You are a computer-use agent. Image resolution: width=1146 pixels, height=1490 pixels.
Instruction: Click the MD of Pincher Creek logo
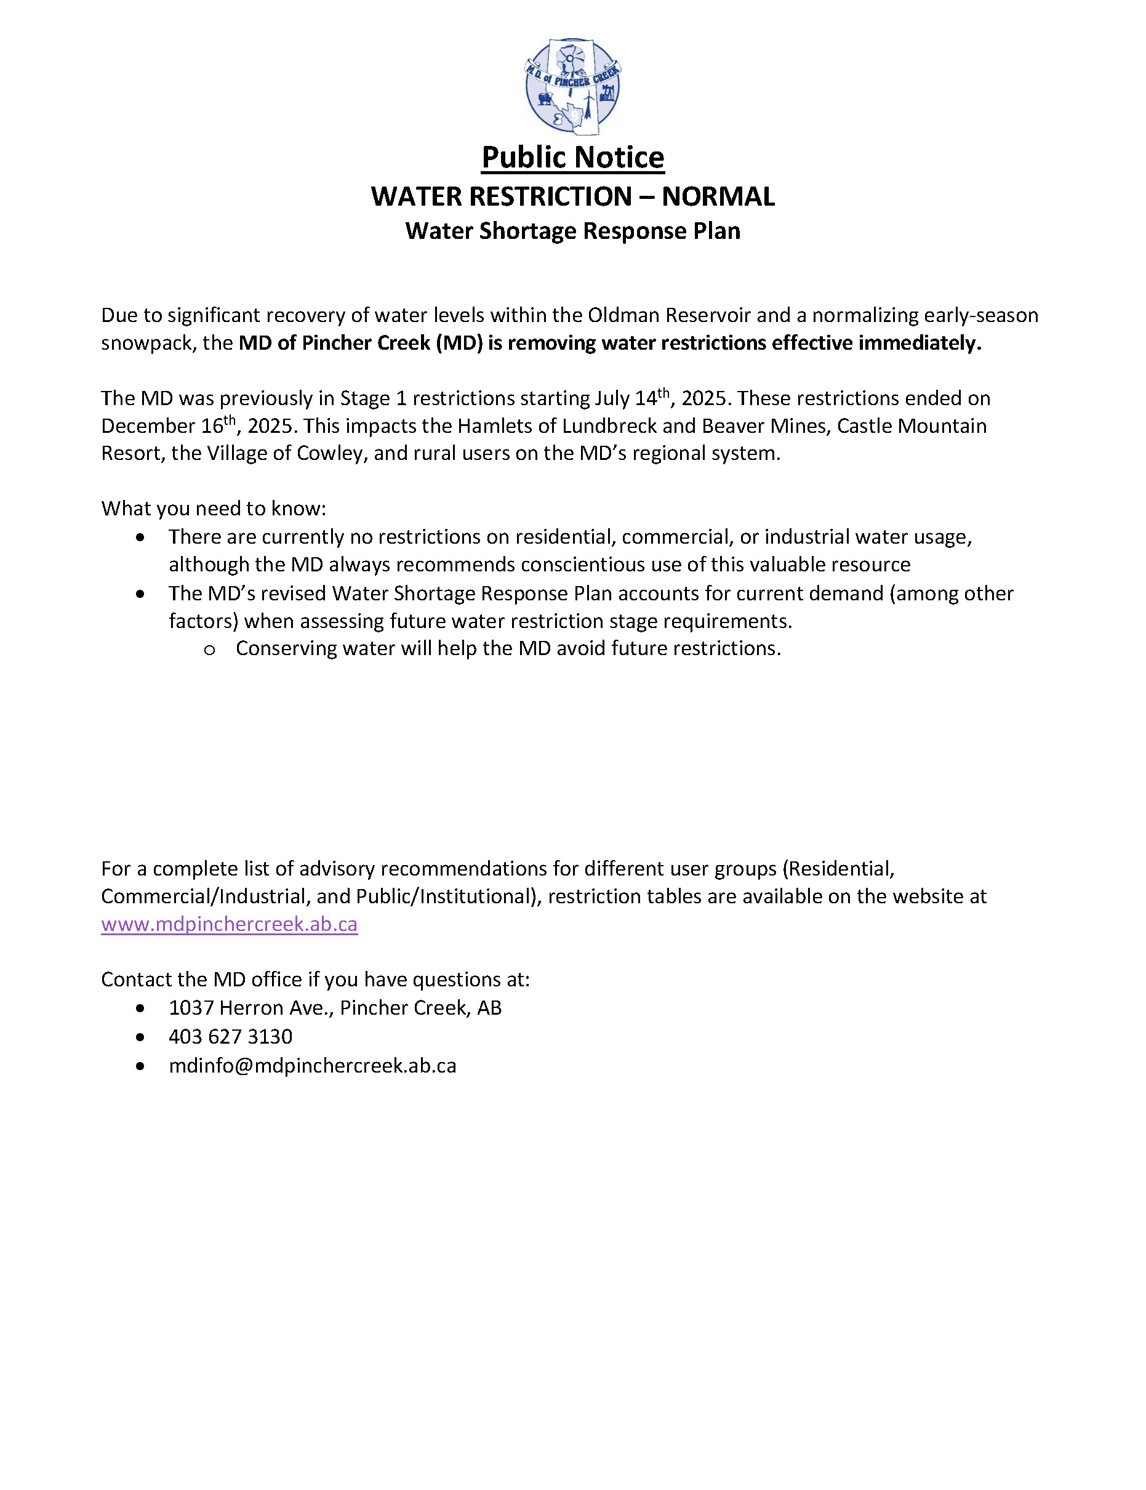572,86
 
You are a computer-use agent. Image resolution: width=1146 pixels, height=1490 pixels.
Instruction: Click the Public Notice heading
572,158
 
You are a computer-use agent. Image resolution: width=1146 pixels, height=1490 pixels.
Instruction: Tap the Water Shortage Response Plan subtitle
572,231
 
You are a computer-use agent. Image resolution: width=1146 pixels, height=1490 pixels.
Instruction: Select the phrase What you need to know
214,509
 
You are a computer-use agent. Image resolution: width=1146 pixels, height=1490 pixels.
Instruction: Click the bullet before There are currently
140,538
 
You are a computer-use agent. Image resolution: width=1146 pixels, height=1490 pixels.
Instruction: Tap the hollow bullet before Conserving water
209,650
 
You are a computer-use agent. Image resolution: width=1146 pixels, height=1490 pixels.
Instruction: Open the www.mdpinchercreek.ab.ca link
229,924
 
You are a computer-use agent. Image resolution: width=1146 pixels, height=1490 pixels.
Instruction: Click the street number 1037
191,1008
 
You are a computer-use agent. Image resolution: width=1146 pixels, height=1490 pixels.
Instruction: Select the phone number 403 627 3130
231,1037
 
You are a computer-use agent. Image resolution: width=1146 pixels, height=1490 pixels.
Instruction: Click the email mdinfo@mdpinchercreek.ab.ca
313,1066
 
